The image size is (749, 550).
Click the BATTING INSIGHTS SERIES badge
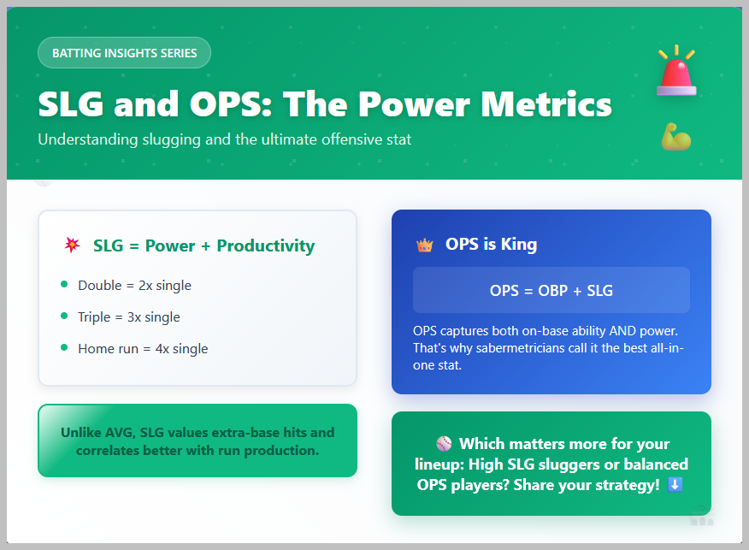(124, 52)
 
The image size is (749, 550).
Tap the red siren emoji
(676, 71)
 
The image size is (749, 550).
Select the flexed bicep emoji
(676, 137)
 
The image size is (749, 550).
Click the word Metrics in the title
(546, 103)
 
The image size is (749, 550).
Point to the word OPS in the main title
(231, 103)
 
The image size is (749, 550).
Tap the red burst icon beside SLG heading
(72, 245)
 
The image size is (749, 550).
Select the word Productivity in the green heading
(266, 245)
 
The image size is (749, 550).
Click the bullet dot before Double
(64, 284)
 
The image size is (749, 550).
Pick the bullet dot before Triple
(64, 316)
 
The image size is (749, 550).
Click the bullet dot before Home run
(64, 347)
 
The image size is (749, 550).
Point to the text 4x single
(181, 349)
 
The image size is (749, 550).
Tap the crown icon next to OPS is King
(424, 245)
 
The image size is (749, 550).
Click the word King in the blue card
(519, 244)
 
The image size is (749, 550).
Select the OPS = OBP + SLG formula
(551, 291)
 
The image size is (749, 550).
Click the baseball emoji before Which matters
(444, 443)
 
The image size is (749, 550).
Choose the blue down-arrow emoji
(675, 484)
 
